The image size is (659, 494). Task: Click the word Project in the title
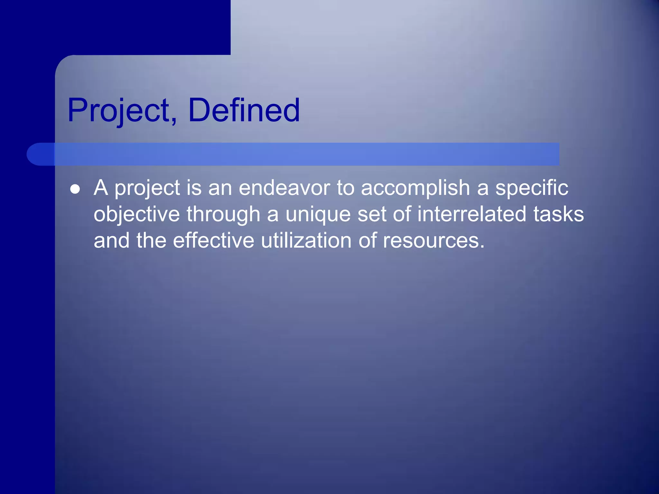point(119,111)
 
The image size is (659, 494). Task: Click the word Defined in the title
point(244,111)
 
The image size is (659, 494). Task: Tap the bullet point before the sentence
point(75,189)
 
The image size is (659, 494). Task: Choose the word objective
point(136,215)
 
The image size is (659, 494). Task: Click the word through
point(223,215)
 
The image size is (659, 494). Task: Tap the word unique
point(318,215)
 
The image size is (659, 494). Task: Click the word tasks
point(559,215)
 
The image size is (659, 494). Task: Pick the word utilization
point(306,241)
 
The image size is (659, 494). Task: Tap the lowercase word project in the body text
point(147,188)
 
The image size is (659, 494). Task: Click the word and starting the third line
point(112,241)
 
